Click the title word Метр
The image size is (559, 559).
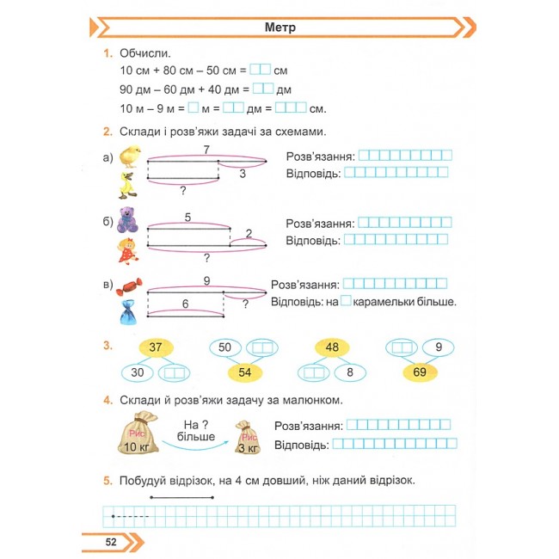(x=279, y=28)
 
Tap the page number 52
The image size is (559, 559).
(x=111, y=542)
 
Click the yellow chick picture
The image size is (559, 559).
(x=130, y=157)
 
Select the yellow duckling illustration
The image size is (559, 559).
(x=127, y=186)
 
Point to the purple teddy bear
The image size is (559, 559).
(x=127, y=220)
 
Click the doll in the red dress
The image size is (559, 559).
(x=128, y=251)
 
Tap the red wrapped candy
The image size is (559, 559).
(x=129, y=286)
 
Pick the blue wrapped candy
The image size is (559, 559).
(x=128, y=312)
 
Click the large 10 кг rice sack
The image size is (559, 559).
(x=138, y=433)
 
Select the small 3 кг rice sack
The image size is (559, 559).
(x=248, y=438)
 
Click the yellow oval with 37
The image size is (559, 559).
(x=156, y=347)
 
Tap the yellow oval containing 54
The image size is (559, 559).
(x=245, y=372)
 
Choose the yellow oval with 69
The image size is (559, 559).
(x=420, y=372)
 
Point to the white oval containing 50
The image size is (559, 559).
(x=225, y=347)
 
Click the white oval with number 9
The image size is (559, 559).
(x=439, y=347)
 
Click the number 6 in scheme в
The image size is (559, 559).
(x=185, y=304)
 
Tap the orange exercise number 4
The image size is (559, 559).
(x=107, y=400)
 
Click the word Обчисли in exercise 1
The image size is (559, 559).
(x=145, y=53)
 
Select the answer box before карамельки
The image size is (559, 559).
(x=346, y=300)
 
